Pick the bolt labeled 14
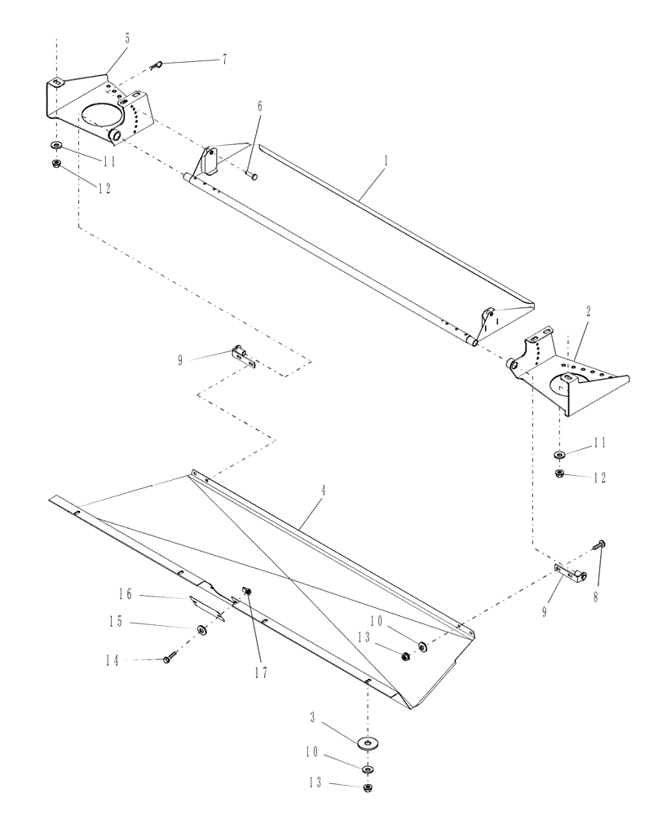[169, 659]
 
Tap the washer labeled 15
[201, 630]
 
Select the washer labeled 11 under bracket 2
[559, 455]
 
